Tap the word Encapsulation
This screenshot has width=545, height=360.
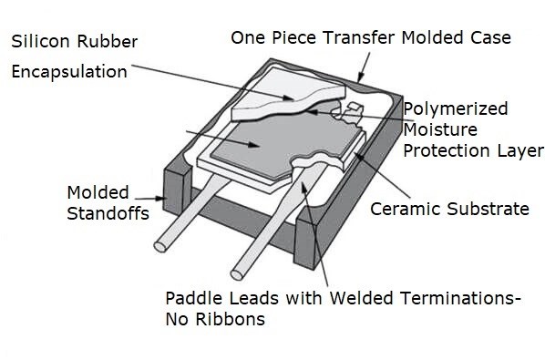(69, 71)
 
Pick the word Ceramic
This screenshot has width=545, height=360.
(401, 209)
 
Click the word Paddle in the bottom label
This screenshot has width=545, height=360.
(192, 298)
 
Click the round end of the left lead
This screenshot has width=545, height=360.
(160, 245)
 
